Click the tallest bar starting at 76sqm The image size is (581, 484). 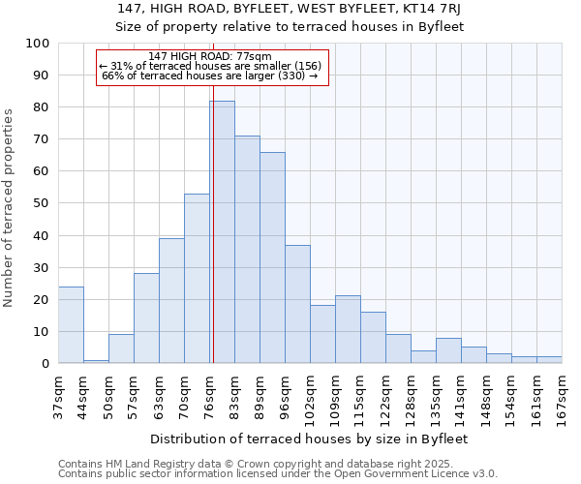click(x=222, y=232)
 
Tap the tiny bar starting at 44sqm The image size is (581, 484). click(x=96, y=361)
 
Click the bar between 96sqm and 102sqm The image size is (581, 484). click(x=297, y=304)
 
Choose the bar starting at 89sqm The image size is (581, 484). click(x=272, y=257)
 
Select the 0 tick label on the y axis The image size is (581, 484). click(x=45, y=364)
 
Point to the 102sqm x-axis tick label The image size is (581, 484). click(x=310, y=397)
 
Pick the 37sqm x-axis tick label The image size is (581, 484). click(x=59, y=394)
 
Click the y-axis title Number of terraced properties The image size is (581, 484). click(x=10, y=208)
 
